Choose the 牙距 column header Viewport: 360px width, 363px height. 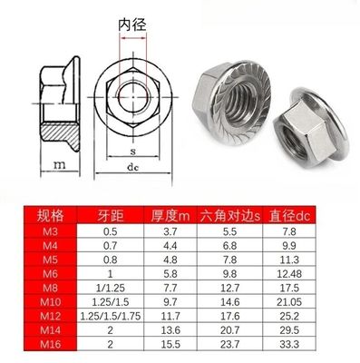113,215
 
